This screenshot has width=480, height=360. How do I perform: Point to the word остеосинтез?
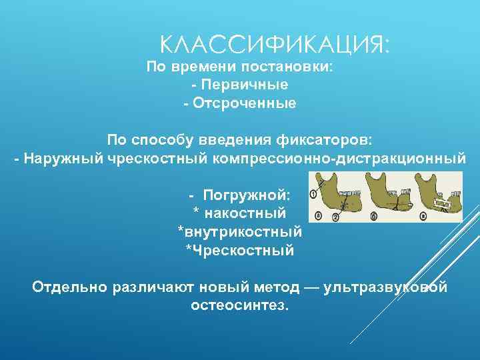tap(240, 305)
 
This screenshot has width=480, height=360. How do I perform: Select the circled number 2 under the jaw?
tap(335, 217)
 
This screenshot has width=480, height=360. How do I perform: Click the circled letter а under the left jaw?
tap(318, 216)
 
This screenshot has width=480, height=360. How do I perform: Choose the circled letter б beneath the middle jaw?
tap(374, 216)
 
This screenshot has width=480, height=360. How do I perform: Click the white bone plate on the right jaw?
tap(441, 200)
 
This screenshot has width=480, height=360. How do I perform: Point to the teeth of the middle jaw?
tap(391, 193)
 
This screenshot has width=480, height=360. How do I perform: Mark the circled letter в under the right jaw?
tap(423, 216)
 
